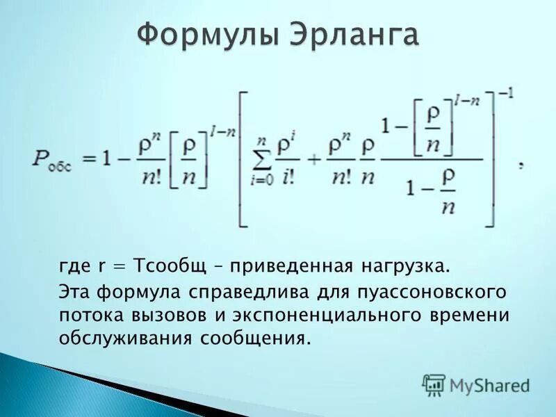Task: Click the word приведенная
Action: [294, 267]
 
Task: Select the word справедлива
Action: [240, 290]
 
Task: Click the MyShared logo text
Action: [490, 384]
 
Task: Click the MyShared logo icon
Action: [434, 384]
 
